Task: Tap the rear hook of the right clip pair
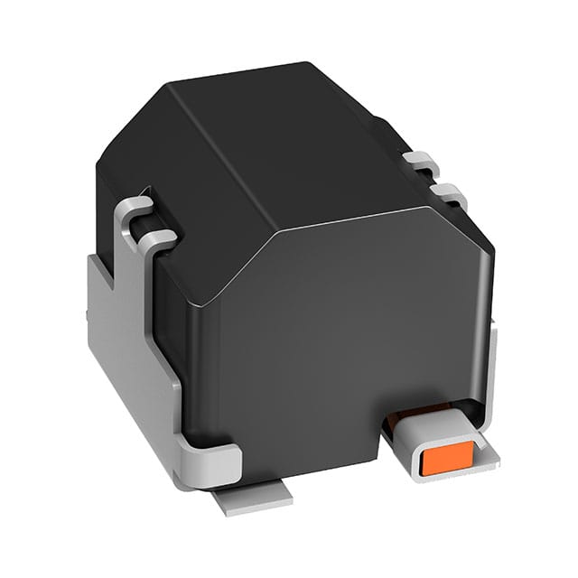421,163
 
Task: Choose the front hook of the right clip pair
449,193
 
